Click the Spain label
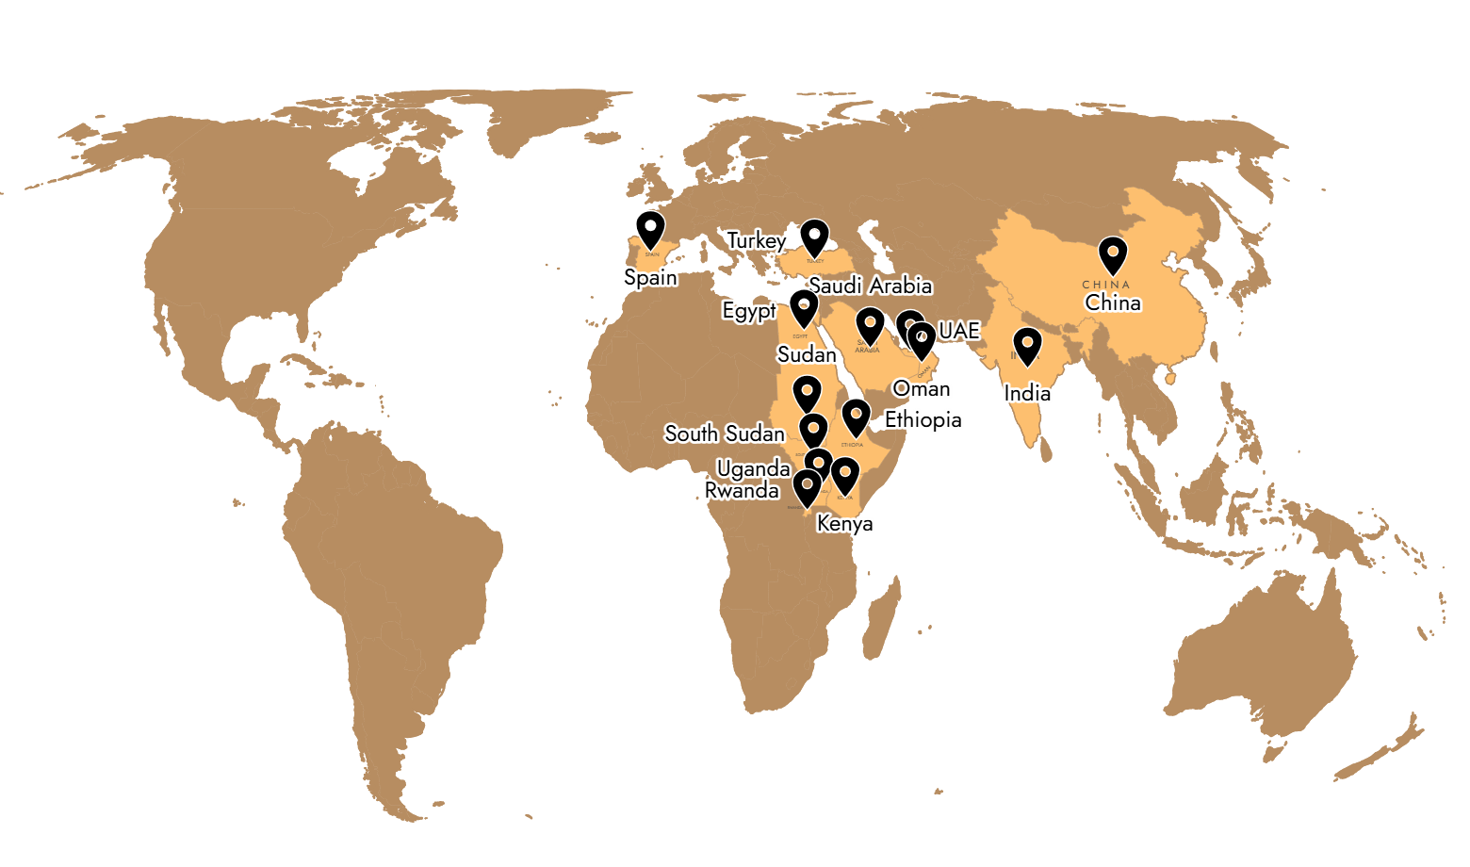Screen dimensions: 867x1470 point(649,278)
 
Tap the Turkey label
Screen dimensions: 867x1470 point(757,241)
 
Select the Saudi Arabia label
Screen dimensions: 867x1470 point(870,286)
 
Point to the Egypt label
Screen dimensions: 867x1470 point(749,311)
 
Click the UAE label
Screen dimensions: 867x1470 point(959,331)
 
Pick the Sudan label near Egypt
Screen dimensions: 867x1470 point(807,354)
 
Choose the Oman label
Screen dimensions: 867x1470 point(922,388)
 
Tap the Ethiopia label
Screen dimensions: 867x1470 point(923,419)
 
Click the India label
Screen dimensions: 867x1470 point(1027,393)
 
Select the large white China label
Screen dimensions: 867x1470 point(1113,303)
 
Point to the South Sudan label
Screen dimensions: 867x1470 point(724,433)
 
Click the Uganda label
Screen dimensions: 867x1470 point(753,468)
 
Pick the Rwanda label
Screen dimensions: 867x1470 point(742,491)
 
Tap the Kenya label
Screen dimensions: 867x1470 point(845,523)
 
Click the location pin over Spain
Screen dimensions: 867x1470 point(650,229)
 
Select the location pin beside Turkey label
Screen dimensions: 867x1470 point(814,237)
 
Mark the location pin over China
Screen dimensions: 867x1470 point(1113,254)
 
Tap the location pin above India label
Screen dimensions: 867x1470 point(1026,345)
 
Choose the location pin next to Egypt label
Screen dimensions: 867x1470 point(803,307)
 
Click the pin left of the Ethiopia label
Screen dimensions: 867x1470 point(855,416)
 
